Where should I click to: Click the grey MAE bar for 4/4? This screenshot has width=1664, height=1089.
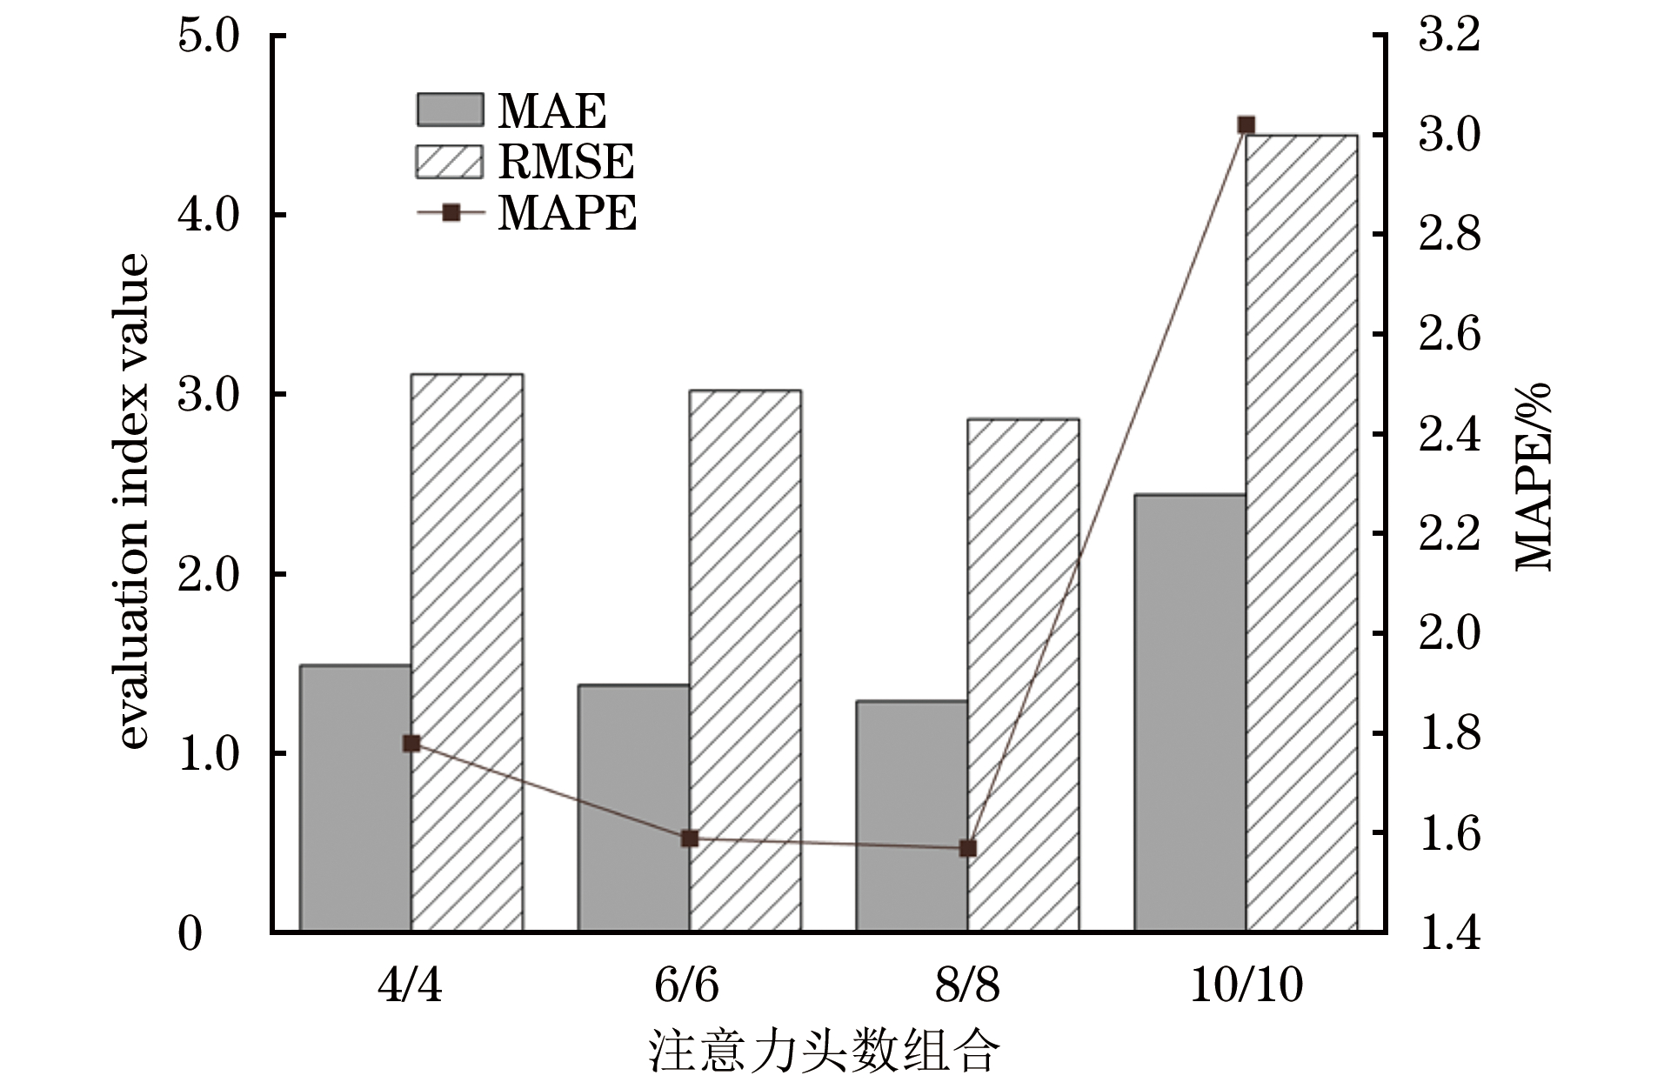click(355, 798)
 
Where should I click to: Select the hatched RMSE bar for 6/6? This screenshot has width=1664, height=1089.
click(745, 661)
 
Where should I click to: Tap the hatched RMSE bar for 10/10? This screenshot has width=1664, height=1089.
click(1301, 532)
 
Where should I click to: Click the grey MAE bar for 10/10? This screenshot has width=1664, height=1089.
click(1189, 712)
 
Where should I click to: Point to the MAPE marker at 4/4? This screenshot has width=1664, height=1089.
click(411, 743)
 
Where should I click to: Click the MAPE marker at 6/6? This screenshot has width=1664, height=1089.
click(690, 838)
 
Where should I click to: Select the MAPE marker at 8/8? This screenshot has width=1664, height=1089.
click(968, 848)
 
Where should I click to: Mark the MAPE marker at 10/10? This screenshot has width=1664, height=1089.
click(1246, 125)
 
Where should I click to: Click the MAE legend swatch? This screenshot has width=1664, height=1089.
click(449, 110)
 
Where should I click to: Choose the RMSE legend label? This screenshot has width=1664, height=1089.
click(565, 162)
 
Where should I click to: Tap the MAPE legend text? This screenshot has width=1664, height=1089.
click(567, 213)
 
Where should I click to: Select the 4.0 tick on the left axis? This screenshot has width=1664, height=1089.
click(208, 215)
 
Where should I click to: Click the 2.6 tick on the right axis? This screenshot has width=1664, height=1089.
click(1449, 334)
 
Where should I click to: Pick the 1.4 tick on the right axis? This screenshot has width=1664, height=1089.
click(1449, 932)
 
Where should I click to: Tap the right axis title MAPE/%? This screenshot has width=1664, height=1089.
click(1534, 477)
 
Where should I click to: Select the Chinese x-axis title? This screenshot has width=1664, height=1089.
click(824, 1052)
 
